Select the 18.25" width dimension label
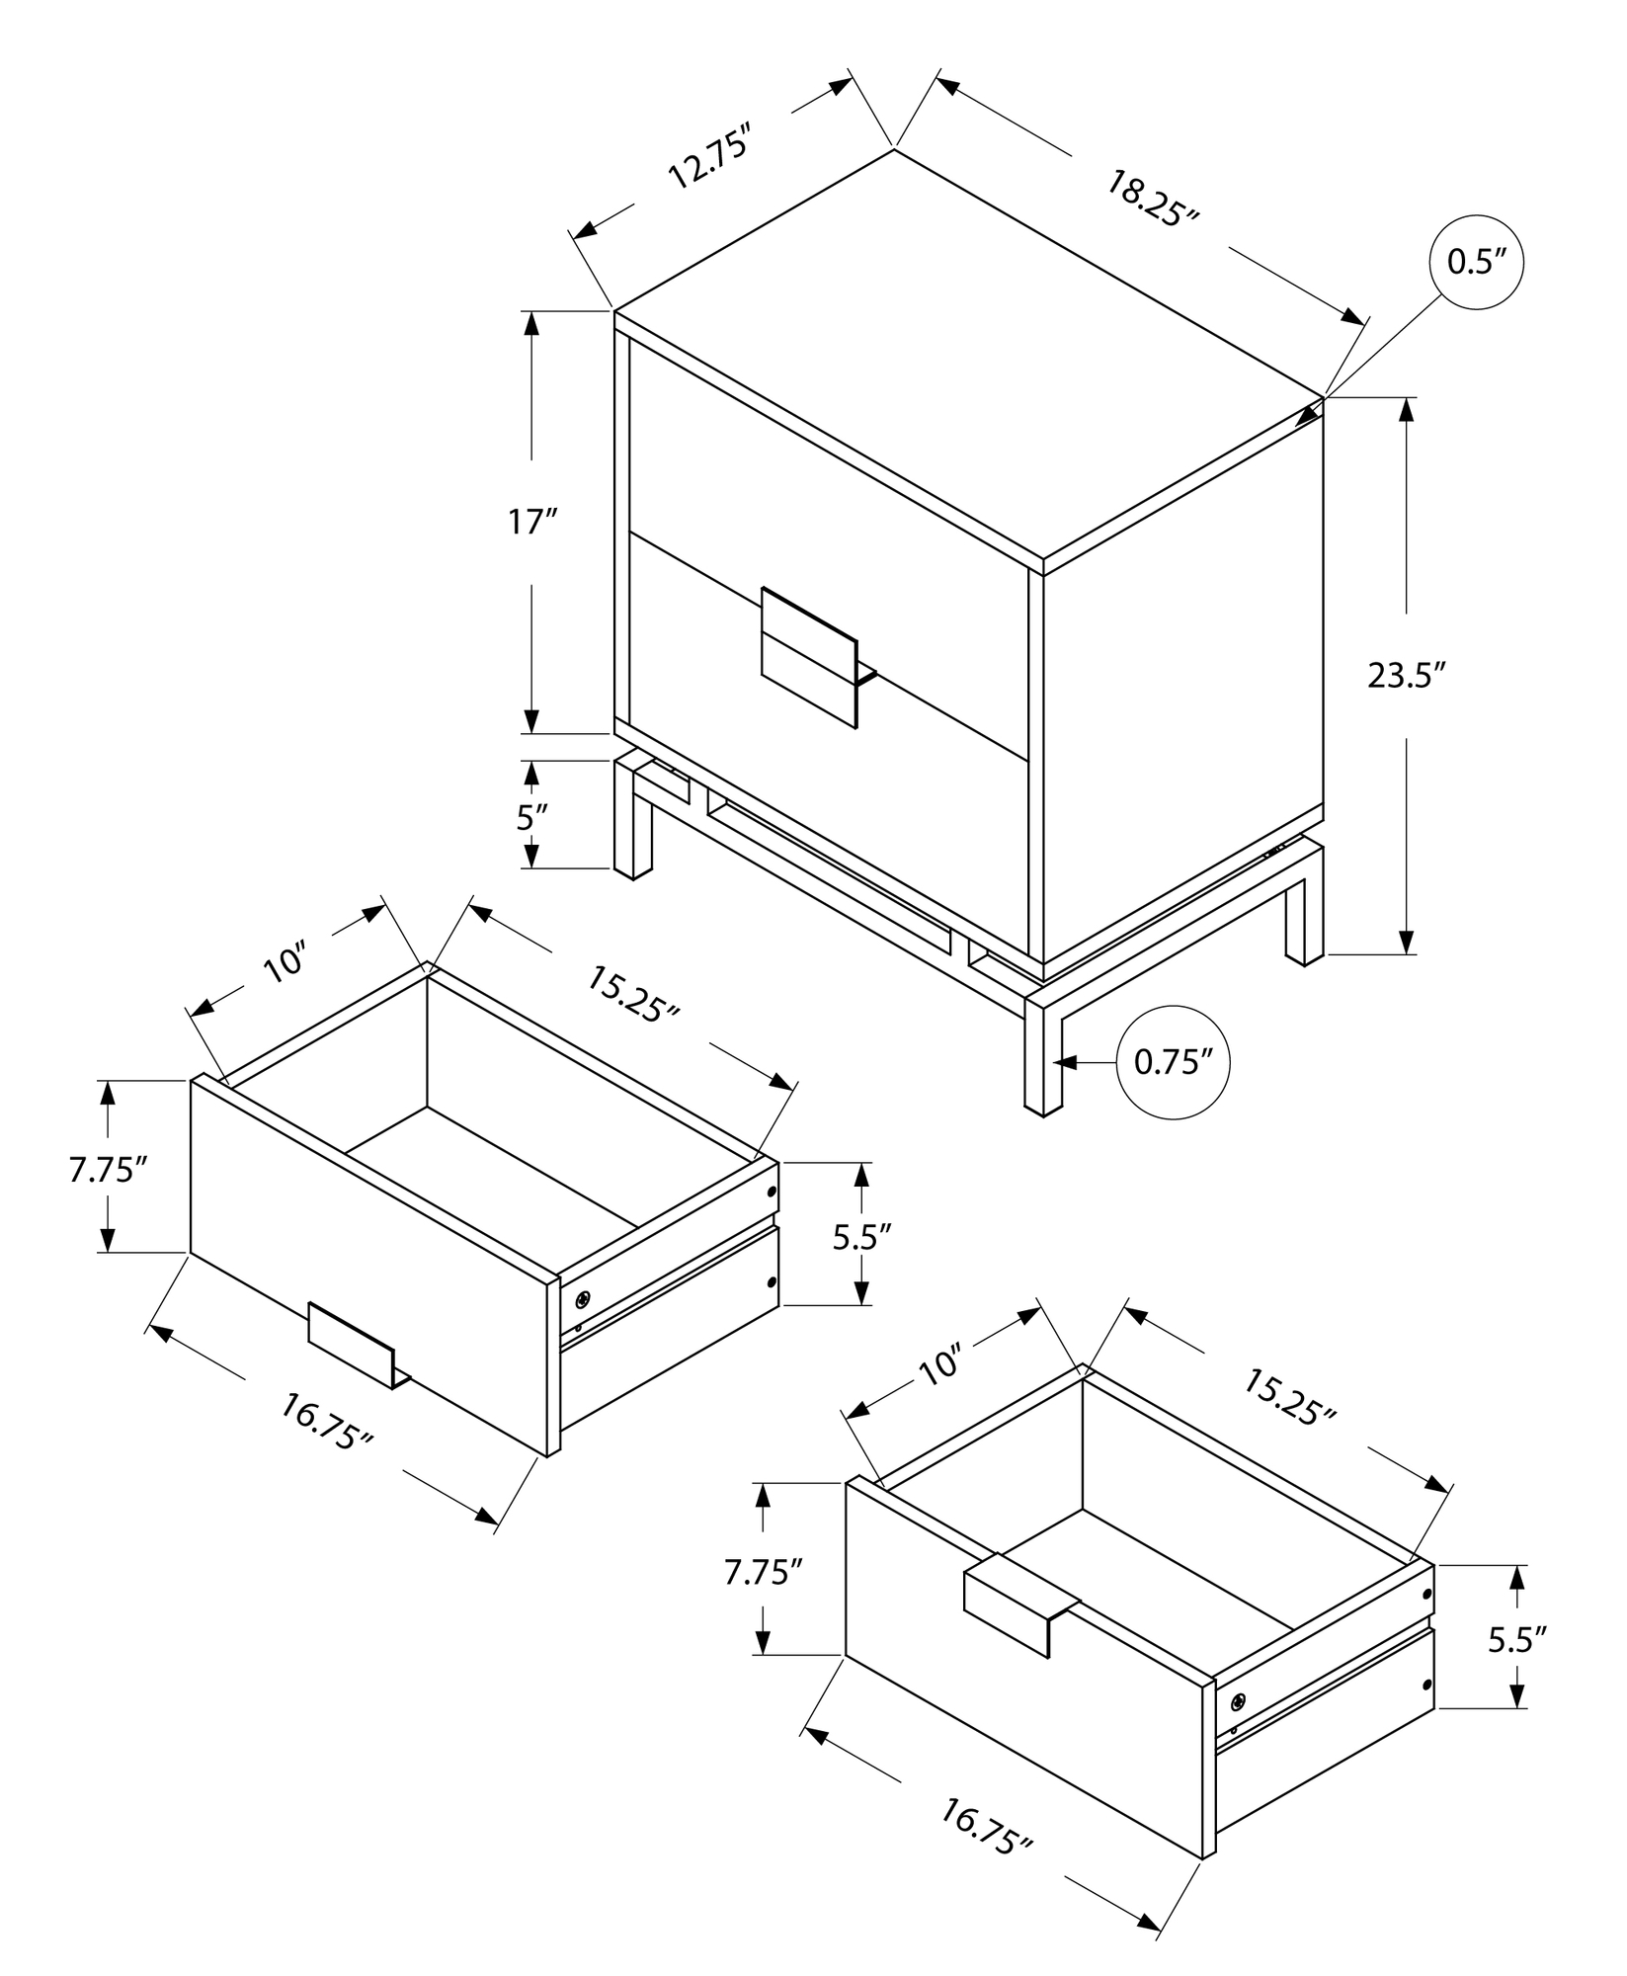coord(1151,199)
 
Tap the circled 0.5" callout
coord(1476,262)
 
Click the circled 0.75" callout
coord(1173,1062)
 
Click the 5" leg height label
coord(531,817)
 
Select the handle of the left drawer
coord(352,1343)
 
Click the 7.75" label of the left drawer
coord(108,1170)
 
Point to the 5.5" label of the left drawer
coord(861,1236)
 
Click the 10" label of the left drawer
coord(286,963)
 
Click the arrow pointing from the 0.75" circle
coord(1085,1062)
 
